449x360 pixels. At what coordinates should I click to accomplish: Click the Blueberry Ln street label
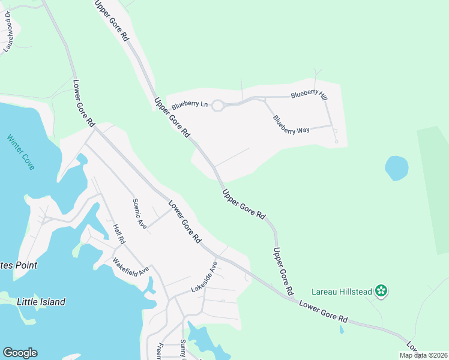click(x=189, y=104)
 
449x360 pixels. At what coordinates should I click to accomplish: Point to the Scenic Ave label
click(x=140, y=214)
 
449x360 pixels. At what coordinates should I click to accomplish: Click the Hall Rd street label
click(x=118, y=234)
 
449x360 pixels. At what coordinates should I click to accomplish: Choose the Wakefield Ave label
click(x=131, y=266)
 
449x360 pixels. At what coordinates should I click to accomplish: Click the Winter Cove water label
click(x=21, y=152)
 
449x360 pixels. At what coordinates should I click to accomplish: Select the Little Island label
click(x=41, y=302)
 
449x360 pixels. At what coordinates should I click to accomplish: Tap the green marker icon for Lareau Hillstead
click(x=381, y=292)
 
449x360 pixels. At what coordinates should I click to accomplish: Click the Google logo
click(x=20, y=353)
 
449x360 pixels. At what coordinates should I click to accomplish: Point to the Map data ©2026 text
click(x=423, y=355)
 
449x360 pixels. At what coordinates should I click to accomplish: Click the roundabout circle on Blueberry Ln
click(x=218, y=106)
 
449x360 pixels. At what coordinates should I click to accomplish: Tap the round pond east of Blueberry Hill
click(x=396, y=168)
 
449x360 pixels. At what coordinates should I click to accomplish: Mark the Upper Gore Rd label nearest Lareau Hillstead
click(x=282, y=271)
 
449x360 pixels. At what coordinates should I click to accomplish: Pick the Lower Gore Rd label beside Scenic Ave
click(x=184, y=221)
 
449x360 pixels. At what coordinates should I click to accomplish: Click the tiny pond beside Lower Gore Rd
click(x=341, y=329)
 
